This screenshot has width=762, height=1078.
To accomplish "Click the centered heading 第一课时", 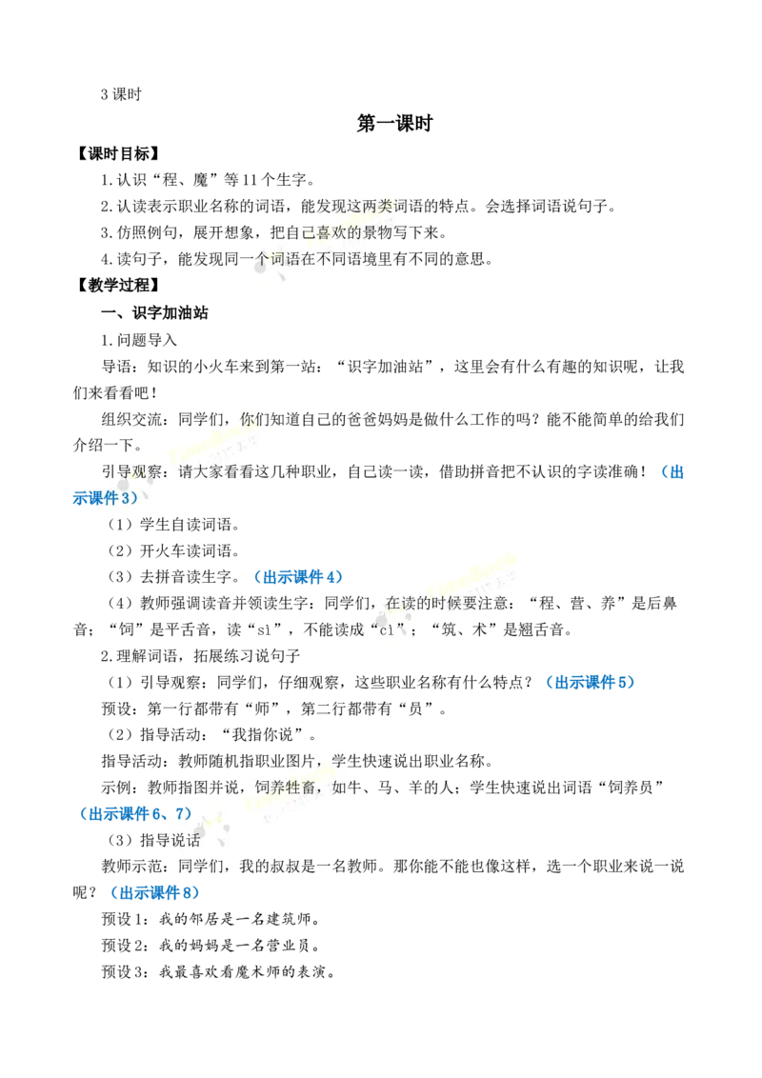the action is pos(394,123).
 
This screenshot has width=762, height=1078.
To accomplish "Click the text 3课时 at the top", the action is pos(121,95).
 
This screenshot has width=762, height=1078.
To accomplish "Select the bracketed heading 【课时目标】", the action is pos(117,153).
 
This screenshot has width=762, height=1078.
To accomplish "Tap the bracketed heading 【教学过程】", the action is pos(117,285).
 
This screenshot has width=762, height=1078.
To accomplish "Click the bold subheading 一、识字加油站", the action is pos(154,312).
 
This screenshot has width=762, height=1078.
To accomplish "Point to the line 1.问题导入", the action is pos(139,340).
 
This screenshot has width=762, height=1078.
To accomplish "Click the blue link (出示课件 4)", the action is pos(297,577).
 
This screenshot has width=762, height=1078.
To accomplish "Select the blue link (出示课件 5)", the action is pos(590,682).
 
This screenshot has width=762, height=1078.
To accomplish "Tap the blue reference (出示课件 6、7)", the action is pos(134,814).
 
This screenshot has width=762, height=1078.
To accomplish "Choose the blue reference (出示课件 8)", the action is pos(154,892).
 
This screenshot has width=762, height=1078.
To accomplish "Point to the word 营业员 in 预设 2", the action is pos(289,946).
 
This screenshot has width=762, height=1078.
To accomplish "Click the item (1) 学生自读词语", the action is pos(174,525).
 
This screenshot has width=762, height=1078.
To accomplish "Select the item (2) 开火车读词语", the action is pos(174,550).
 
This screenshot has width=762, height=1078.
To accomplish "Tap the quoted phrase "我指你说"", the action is pos(264,735).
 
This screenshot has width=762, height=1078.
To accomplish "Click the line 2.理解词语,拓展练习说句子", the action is pos(200,656).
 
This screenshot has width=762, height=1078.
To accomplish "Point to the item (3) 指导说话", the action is pos(152,840).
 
